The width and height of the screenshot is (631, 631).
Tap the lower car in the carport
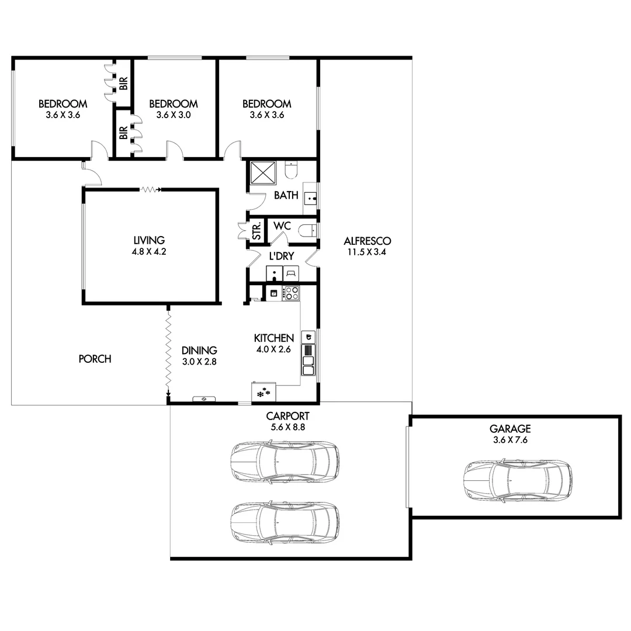(x=285, y=521)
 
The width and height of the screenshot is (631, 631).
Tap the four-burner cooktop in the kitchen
(x=291, y=293)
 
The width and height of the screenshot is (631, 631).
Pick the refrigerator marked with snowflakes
(x=264, y=393)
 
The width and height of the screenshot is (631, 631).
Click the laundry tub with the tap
(x=274, y=273)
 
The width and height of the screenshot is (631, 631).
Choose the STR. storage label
(x=256, y=231)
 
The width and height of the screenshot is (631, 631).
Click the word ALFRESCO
(x=367, y=241)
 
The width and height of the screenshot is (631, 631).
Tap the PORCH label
(x=95, y=359)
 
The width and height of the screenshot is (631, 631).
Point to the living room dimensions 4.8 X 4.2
(x=149, y=251)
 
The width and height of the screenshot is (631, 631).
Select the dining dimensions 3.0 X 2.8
(x=199, y=361)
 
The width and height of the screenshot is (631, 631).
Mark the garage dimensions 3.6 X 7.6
(x=511, y=439)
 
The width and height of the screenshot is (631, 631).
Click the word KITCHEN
(x=273, y=338)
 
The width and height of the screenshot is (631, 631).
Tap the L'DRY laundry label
(x=281, y=256)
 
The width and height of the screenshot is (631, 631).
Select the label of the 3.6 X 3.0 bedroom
(x=174, y=104)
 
